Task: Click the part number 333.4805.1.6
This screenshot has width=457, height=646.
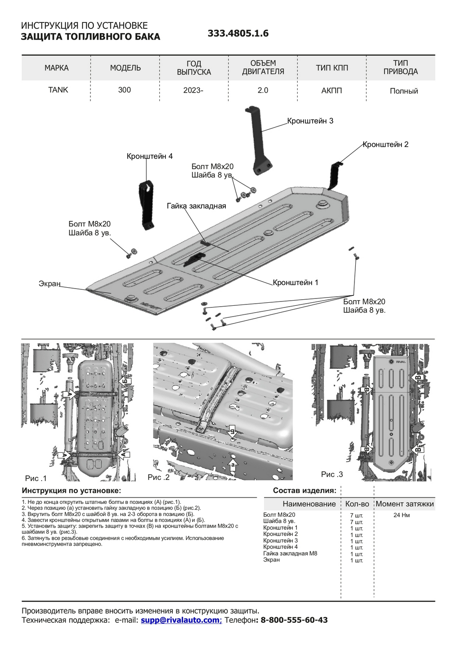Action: click(238, 34)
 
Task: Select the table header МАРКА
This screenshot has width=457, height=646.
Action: click(56, 68)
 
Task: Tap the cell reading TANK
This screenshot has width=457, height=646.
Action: click(58, 90)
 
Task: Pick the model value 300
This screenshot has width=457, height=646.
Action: click(124, 90)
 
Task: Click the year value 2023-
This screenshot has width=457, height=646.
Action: click(193, 90)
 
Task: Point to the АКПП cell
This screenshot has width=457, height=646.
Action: click(332, 90)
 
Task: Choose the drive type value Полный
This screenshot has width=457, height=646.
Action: click(404, 91)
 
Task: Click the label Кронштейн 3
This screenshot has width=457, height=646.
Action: click(310, 121)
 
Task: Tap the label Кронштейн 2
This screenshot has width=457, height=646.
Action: click(385, 144)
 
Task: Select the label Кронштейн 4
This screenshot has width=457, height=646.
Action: click(149, 156)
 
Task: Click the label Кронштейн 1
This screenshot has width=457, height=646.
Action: click(295, 283)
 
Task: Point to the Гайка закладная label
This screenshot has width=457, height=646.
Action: click(196, 206)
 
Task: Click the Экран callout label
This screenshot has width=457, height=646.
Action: click(50, 284)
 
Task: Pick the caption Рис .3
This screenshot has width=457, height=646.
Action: click(332, 474)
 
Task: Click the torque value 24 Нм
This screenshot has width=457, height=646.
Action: click(401, 515)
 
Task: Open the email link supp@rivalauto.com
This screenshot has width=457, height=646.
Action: click(180, 620)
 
